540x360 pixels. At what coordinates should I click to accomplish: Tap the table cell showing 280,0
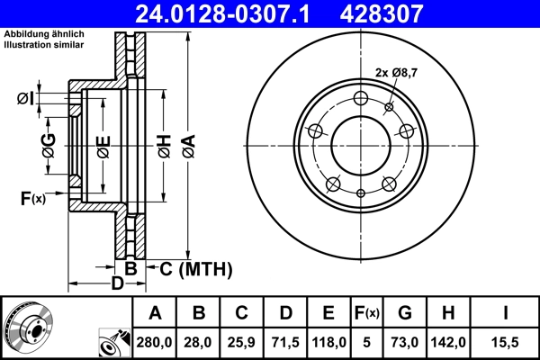coord(155,341)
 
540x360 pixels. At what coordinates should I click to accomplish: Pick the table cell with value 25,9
coord(241,341)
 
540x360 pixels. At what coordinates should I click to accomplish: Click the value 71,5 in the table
coord(285,341)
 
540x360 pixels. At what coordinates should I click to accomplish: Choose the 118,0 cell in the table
coord(328,341)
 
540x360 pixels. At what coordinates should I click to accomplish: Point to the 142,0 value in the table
coord(448,341)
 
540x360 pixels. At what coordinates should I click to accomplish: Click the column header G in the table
coord(404,313)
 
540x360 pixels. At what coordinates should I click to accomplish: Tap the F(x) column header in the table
coord(366,313)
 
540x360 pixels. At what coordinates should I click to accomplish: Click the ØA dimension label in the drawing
coord(187,145)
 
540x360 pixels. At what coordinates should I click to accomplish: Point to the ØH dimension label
coord(164,145)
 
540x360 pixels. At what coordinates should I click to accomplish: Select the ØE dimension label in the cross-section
coord(103,145)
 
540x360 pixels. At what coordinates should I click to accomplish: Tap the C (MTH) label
coord(195,268)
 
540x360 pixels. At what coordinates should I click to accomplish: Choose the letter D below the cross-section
coord(116,284)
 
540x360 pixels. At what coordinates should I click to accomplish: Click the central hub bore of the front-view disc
coord(361,145)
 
